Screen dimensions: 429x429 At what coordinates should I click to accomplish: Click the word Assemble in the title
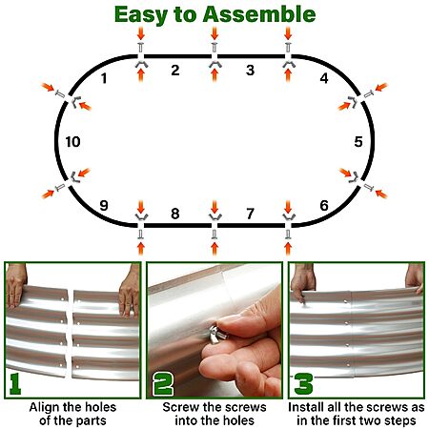(259, 14)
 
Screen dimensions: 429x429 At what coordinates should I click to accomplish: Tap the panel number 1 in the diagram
(104, 78)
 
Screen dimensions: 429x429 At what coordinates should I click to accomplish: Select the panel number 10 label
(72, 142)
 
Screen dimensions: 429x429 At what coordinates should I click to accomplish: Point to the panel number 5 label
(358, 142)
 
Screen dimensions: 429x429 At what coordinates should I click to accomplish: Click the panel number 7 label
(250, 214)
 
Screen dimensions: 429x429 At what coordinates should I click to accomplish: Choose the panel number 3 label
(250, 71)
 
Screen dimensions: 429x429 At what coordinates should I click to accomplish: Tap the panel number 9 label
(104, 206)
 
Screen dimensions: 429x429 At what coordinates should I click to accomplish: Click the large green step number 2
(163, 384)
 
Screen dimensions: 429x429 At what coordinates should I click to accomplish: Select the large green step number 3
(303, 384)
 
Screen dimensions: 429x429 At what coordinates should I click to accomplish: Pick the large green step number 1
(14, 384)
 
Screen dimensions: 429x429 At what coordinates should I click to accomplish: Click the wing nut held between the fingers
(218, 332)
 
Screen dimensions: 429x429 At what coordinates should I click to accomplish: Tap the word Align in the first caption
(41, 407)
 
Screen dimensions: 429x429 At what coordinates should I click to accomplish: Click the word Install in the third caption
(304, 407)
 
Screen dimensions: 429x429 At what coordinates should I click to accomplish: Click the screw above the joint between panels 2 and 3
(214, 47)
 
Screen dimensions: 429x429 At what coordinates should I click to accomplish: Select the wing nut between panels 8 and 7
(214, 217)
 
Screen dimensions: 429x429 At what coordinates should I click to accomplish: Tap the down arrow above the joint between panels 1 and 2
(141, 33)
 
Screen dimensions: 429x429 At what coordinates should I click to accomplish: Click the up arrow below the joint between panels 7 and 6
(288, 249)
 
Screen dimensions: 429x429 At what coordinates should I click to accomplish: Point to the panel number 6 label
(324, 206)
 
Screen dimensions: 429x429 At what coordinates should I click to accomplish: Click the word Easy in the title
(141, 15)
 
